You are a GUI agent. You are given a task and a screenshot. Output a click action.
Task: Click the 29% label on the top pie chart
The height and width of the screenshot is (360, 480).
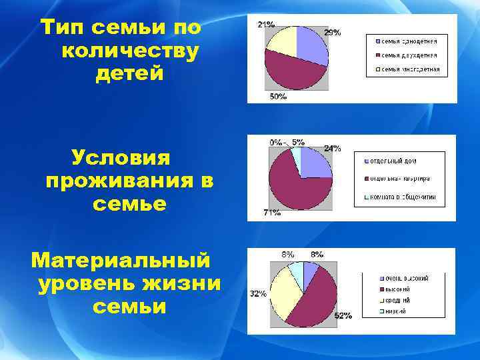(x=333, y=32)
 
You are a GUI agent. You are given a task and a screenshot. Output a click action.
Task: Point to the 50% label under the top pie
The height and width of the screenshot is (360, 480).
(x=278, y=97)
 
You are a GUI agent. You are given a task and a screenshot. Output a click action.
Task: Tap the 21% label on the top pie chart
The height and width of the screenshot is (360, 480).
(x=266, y=25)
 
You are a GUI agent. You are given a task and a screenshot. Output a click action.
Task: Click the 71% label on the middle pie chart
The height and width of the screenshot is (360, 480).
(x=271, y=213)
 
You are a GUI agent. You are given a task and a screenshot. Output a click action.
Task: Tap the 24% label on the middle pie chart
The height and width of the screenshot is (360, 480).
(x=332, y=148)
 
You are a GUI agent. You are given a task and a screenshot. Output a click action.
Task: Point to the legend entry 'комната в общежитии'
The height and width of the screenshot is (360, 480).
(x=408, y=197)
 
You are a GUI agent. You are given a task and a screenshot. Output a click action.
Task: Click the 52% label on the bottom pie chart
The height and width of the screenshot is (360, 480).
(x=343, y=315)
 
